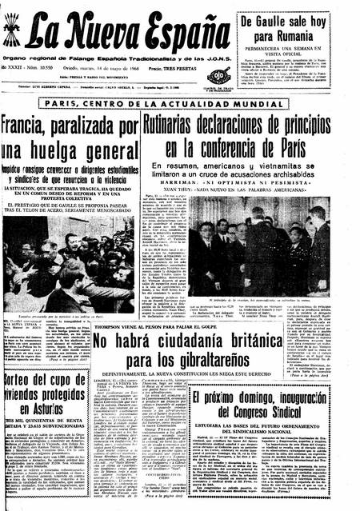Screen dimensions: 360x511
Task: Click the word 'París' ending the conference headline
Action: click(299, 150)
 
